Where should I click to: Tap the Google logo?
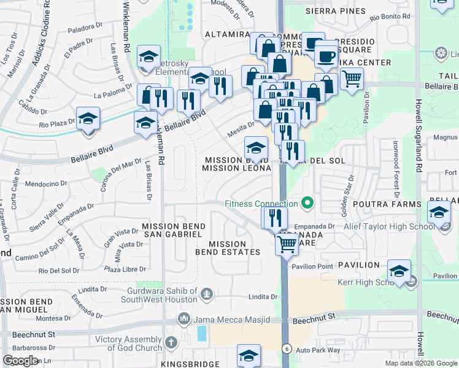click(x=21, y=361)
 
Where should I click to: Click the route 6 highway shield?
click(x=286, y=348)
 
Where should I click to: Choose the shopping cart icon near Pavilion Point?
click(x=287, y=244)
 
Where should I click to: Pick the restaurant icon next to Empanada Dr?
click(x=274, y=217)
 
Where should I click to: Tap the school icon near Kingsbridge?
click(x=249, y=355)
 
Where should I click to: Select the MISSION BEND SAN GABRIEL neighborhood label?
click(x=174, y=231)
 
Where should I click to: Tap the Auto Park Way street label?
click(x=318, y=350)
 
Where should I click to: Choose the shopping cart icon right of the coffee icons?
click(x=352, y=78)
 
